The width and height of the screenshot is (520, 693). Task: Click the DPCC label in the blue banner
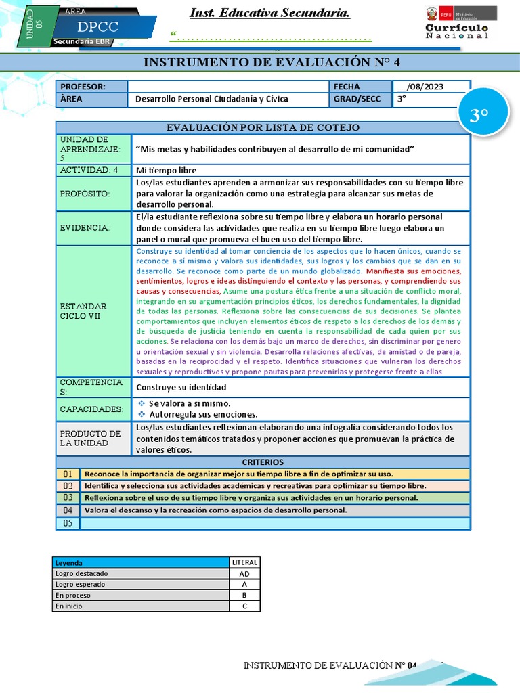coord(97,28)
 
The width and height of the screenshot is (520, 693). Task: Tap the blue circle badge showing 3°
coord(479,116)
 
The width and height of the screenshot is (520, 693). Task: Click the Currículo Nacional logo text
coord(456,31)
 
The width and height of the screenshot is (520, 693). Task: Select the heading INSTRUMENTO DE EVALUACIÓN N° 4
coord(272,62)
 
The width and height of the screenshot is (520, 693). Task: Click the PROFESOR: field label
coord(83,87)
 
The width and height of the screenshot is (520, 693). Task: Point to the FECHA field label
coord(347,87)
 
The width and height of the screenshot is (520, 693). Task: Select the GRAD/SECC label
coord(357,99)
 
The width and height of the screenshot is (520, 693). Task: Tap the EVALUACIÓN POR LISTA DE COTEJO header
coord(263,128)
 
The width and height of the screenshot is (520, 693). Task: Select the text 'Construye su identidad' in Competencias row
coord(181,388)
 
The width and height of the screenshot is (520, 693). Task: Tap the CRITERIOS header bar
coord(262,462)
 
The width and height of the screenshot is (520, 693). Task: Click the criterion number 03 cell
coord(68,497)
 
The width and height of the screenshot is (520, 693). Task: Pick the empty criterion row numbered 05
coord(274,523)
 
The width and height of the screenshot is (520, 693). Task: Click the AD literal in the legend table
coord(244,573)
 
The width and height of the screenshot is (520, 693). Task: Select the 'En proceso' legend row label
coord(72,596)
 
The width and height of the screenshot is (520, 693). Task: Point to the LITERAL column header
coord(244,562)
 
